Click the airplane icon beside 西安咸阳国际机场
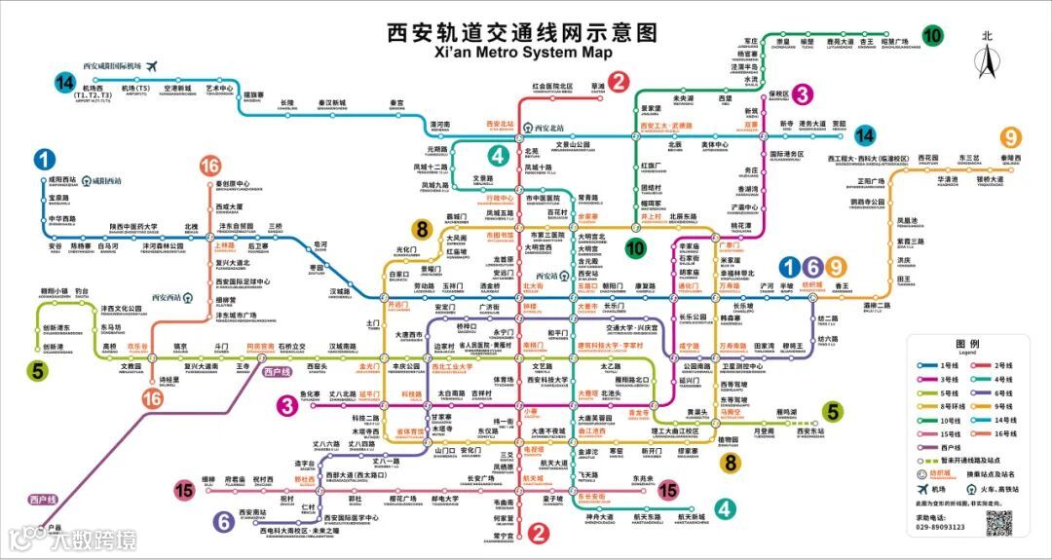coord(151,65)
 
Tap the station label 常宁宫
coord(504,535)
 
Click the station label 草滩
coord(598,87)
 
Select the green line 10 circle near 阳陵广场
coord(932,36)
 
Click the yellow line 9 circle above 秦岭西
coord(1012,138)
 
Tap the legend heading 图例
coord(967,345)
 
